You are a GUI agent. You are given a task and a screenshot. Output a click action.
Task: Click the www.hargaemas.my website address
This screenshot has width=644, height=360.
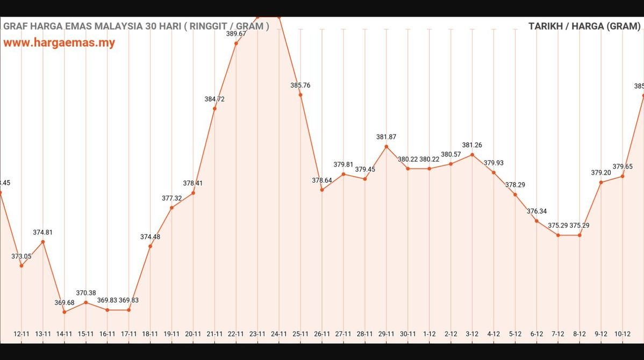point(59,43)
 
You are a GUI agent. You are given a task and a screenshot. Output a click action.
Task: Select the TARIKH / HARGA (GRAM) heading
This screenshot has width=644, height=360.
point(584,26)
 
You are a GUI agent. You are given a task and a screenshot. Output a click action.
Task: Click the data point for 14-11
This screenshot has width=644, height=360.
point(65,312)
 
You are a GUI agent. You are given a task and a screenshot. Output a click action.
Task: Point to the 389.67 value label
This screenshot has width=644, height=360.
point(236,33)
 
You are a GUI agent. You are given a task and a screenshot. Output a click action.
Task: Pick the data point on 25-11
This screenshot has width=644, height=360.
point(300,95)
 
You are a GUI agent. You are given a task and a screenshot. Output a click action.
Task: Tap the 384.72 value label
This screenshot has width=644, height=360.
point(214,99)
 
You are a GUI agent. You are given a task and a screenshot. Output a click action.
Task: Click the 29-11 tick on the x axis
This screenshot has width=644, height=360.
point(386,334)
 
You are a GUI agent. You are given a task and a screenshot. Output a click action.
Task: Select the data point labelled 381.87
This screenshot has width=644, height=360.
point(386,147)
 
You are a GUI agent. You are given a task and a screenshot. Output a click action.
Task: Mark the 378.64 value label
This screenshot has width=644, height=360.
point(322,181)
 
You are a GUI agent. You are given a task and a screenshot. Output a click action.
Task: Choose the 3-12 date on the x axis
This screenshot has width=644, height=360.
point(472,334)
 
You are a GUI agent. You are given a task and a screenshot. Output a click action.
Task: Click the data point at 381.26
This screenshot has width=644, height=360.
point(472,155)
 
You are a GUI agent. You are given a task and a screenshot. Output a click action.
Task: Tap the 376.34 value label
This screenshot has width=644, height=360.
point(536,211)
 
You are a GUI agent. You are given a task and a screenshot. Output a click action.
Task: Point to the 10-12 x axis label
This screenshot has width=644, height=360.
point(622,334)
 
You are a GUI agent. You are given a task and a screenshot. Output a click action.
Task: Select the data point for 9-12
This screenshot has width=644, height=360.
point(601,183)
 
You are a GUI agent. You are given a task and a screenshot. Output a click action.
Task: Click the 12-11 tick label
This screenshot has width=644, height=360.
point(22,334)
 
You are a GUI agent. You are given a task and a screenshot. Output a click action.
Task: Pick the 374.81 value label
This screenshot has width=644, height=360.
point(43,232)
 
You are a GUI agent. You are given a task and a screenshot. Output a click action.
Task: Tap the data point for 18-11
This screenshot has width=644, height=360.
point(150,246)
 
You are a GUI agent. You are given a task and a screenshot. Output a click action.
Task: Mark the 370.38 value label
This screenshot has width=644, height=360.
point(86,293)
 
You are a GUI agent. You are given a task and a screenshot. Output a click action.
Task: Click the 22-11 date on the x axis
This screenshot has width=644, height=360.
point(236,334)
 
